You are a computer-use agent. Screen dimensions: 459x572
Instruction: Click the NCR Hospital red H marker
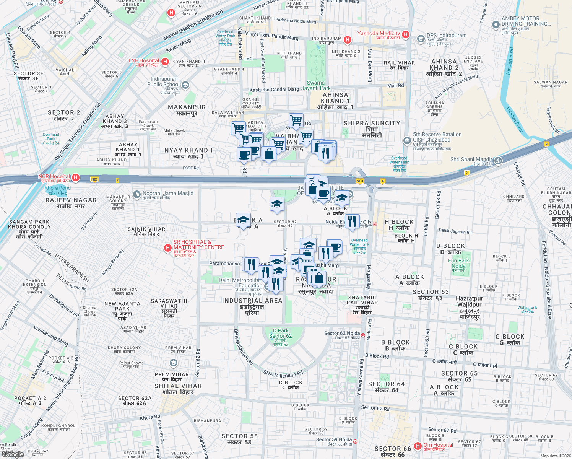click(76, 177)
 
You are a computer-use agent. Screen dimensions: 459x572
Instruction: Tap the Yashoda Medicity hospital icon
click(406, 35)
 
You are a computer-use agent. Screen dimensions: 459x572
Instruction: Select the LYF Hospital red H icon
click(165, 62)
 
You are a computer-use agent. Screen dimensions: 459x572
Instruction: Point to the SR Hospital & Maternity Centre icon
click(167, 248)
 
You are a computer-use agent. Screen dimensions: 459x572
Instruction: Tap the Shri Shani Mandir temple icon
click(498, 161)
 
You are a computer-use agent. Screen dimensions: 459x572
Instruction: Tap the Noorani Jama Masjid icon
click(136, 195)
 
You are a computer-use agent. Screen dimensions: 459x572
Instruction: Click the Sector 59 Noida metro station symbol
click(355, 441)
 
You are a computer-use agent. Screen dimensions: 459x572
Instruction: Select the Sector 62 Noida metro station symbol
click(363, 335)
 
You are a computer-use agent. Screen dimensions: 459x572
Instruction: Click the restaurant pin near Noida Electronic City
click(352, 221)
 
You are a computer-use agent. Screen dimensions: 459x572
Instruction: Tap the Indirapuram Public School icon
click(185, 85)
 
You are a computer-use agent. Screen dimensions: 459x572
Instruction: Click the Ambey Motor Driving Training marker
click(496, 25)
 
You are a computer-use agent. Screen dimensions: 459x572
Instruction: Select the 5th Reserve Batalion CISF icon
click(407, 140)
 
